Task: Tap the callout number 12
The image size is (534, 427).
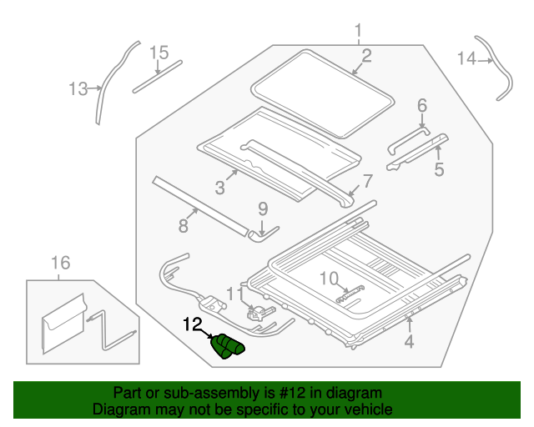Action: point(194,324)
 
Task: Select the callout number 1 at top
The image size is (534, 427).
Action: point(359,33)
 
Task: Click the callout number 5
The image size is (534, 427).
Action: point(439,170)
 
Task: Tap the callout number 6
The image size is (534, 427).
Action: point(422,105)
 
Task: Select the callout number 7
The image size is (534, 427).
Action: point(367,181)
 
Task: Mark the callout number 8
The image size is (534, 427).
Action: point(184,225)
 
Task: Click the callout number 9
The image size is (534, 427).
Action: point(262,208)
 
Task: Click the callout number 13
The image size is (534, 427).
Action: point(78,88)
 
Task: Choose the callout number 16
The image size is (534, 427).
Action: point(60,264)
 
